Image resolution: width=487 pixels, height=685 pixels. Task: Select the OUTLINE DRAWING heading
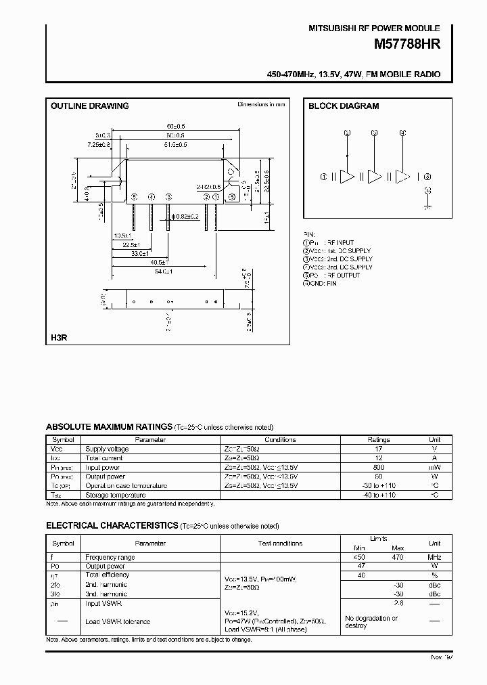pos(90,106)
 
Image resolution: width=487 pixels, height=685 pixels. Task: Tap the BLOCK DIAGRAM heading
pos(344,106)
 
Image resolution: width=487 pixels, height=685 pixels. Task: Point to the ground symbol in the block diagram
pos(427,209)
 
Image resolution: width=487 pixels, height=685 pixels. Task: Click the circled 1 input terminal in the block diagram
pos(324,177)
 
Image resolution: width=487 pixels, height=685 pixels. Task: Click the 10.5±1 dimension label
pos(122,236)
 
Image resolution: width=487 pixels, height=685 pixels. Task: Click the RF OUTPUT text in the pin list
pos(342,275)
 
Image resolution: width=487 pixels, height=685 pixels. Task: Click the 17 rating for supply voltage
pos(379,449)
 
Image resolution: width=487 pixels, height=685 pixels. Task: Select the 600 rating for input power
pos(379,467)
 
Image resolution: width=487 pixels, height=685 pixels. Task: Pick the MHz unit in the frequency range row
pos(434,557)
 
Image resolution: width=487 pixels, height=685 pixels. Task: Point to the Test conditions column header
pos(280,543)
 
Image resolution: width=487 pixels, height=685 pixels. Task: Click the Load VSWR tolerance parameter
pos(118,621)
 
